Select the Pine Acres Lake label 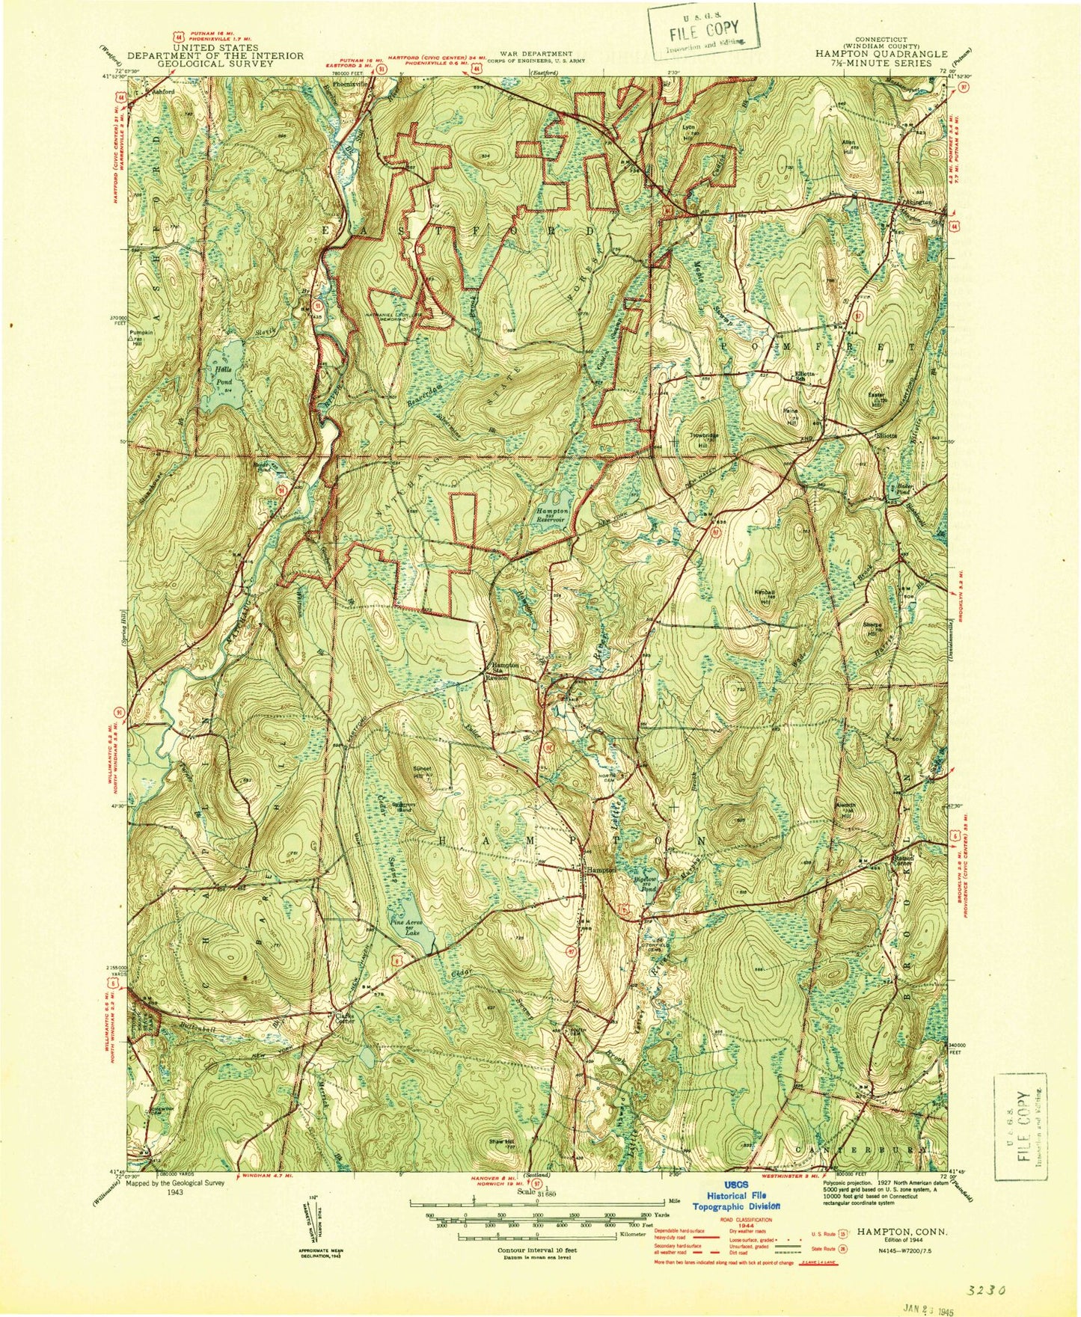[408, 928]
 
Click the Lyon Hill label [688, 131]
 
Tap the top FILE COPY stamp [703, 33]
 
